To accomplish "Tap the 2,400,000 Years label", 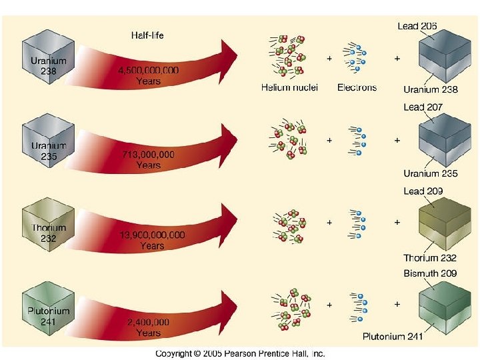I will pyautogui.click(x=147, y=327).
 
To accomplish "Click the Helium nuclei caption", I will pyautogui.click(x=289, y=87).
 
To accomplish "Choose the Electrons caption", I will pyautogui.click(x=357, y=87).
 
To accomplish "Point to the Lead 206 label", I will pyautogui.click(x=418, y=26).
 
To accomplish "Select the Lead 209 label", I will pyautogui.click(x=423, y=191).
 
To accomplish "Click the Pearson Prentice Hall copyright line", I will pyautogui.click(x=240, y=353).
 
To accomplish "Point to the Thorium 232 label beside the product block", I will pyautogui.click(x=429, y=258).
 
